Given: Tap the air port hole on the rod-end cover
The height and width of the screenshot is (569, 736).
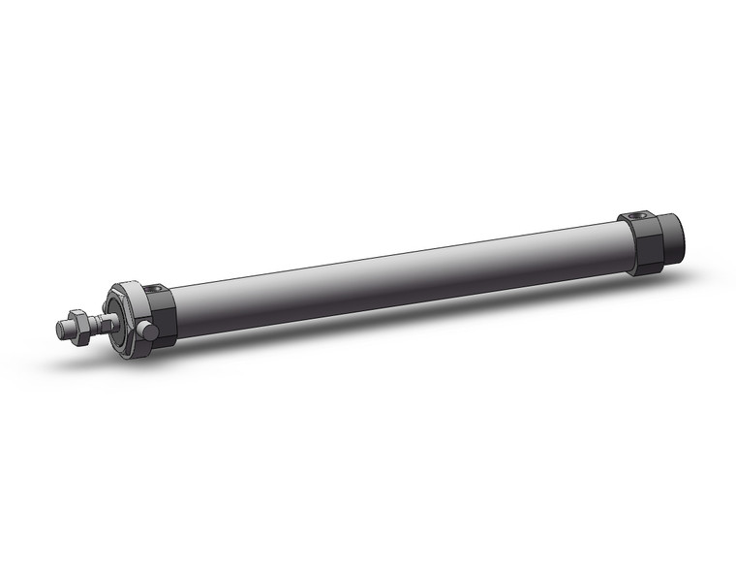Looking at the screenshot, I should coord(156,288).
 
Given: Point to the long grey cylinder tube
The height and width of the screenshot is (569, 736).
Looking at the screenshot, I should coord(387,275).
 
